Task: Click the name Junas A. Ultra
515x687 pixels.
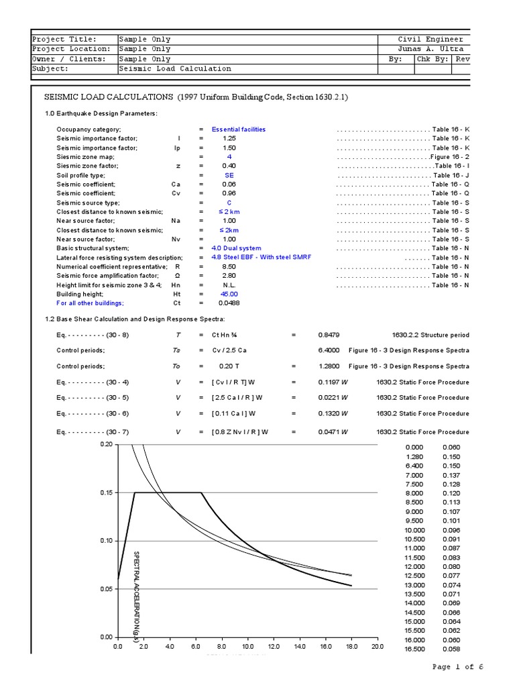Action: (x=431, y=49)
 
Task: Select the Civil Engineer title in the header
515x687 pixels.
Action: (x=431, y=40)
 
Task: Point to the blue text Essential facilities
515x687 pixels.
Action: (x=238, y=129)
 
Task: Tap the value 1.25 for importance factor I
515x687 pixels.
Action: (x=229, y=138)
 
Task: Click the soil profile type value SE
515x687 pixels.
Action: (x=229, y=175)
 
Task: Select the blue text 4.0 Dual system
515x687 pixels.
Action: (x=236, y=248)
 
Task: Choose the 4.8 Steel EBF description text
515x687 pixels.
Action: (x=261, y=258)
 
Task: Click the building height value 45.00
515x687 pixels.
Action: (x=229, y=294)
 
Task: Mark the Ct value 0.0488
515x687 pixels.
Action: (x=229, y=303)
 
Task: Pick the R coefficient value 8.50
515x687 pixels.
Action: (x=229, y=266)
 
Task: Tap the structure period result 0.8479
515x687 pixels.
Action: (x=329, y=335)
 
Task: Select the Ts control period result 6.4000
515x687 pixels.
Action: (x=329, y=350)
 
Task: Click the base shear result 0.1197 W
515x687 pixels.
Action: (x=333, y=382)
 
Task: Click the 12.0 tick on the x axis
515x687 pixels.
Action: (x=274, y=647)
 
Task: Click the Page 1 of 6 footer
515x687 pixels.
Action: (x=457, y=667)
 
